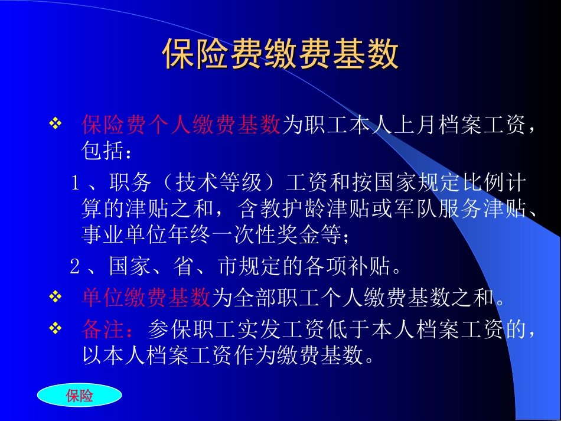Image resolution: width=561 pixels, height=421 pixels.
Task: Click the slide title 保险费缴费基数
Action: click(280, 55)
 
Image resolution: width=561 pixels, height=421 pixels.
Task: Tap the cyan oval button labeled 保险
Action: click(80, 396)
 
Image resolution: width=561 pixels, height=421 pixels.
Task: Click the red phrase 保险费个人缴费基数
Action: click(181, 125)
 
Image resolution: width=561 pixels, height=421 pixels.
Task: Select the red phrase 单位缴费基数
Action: click(146, 298)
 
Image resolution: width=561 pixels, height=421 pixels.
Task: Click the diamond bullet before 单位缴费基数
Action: click(54, 297)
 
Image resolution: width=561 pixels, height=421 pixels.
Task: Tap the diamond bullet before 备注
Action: click(54, 328)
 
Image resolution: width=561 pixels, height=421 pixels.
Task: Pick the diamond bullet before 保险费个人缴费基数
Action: click(54, 124)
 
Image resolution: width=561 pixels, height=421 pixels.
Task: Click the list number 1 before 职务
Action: click(76, 184)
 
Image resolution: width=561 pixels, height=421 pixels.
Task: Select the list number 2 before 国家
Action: click(75, 267)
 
